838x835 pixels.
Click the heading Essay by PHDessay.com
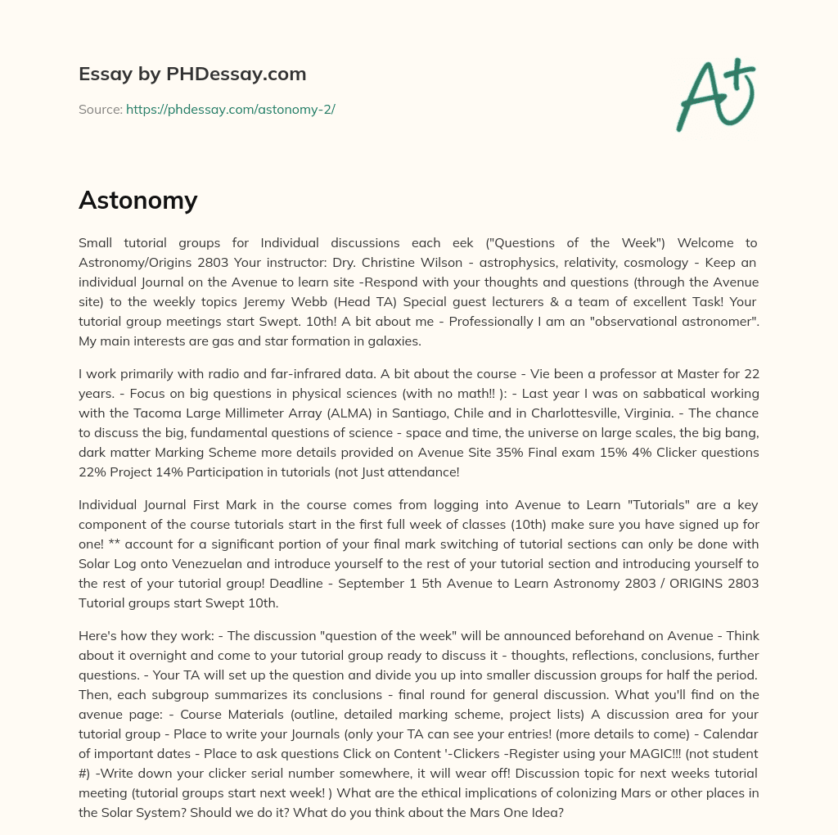coord(192,74)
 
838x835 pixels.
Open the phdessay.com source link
coord(230,109)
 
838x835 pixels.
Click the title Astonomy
coord(137,200)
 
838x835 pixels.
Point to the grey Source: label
coord(101,109)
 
